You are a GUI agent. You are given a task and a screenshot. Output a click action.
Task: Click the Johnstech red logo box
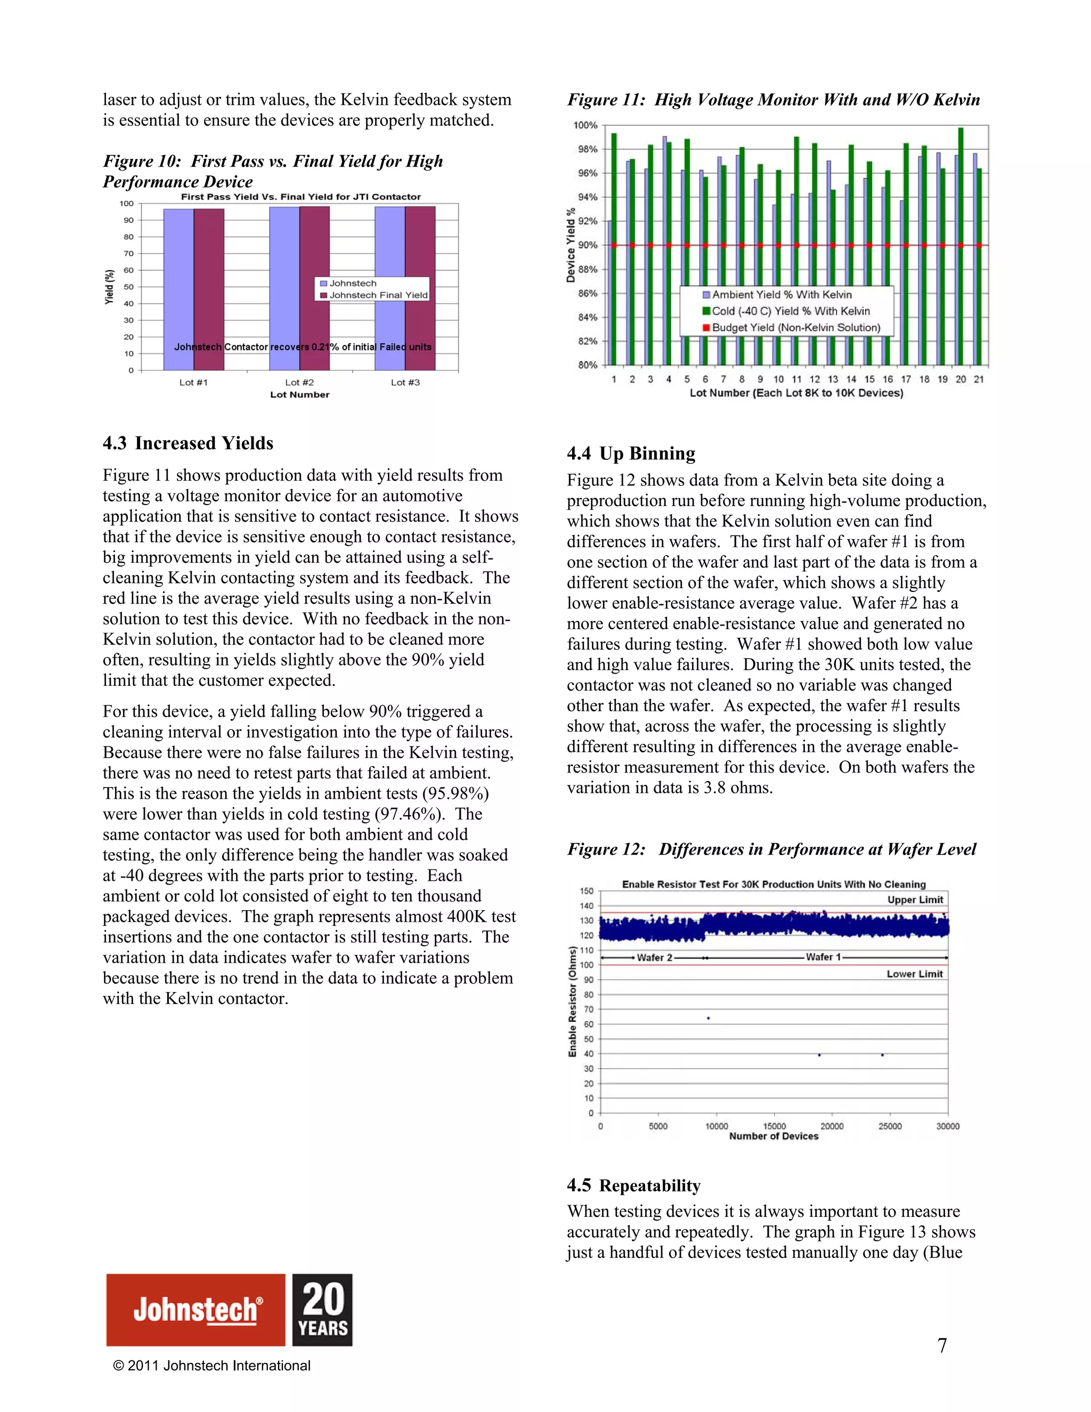[196, 1309]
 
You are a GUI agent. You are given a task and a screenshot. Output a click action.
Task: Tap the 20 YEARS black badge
[322, 1309]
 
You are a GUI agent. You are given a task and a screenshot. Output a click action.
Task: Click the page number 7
[942, 1345]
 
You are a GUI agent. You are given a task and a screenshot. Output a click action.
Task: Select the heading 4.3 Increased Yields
[188, 443]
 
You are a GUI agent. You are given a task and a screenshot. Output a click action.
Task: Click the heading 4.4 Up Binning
[631, 453]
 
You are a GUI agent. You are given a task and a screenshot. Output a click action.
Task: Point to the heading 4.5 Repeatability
[633, 1185]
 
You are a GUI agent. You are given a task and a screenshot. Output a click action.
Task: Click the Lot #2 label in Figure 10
[299, 382]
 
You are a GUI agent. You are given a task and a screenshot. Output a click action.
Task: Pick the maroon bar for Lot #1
[209, 291]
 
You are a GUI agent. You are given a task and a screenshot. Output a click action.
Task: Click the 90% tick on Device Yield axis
[587, 245]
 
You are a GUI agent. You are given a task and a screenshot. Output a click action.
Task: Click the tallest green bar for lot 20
[960, 246]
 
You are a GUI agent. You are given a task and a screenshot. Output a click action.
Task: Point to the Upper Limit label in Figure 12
[915, 899]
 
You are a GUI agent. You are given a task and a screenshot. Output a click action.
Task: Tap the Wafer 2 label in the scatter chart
[654, 957]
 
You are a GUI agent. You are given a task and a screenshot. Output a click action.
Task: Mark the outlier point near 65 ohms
[709, 1018]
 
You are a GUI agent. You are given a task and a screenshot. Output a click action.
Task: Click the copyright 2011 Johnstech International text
[211, 1366]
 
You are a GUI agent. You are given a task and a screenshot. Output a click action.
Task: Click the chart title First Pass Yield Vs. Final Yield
[300, 197]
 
